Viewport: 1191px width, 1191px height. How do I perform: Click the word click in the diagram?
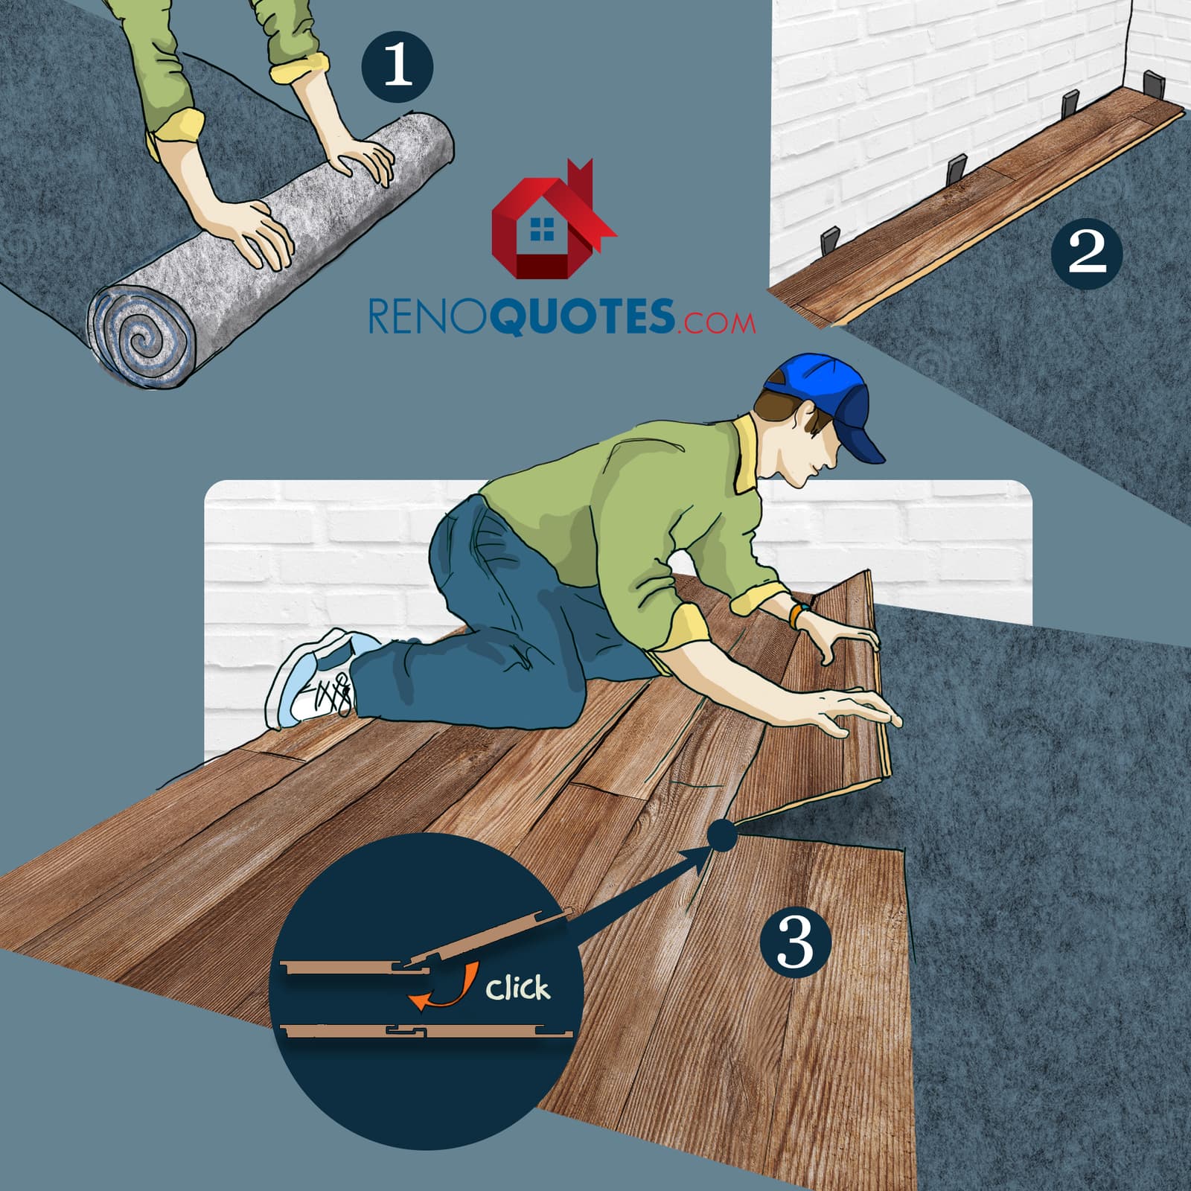[518, 988]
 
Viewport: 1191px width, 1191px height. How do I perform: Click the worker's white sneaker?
[313, 677]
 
